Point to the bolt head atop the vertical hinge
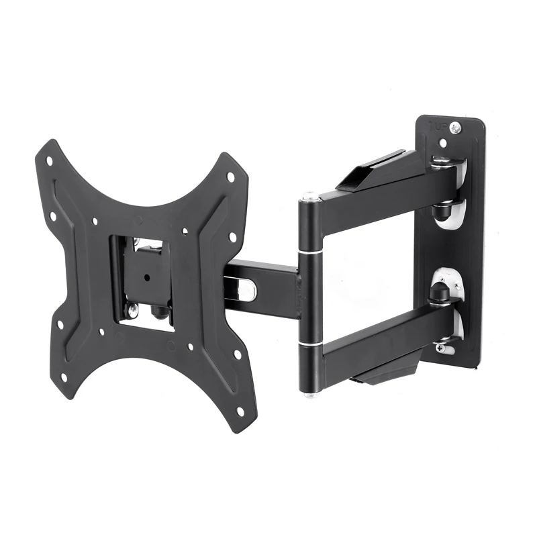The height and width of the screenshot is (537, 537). [309, 197]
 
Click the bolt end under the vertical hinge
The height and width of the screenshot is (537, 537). [309, 393]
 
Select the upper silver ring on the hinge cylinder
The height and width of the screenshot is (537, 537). [309, 252]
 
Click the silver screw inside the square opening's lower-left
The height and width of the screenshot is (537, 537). [132, 309]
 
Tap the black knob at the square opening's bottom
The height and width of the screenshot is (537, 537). [159, 311]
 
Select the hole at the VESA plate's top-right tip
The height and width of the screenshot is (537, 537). [230, 177]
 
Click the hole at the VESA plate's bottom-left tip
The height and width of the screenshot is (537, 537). [64, 377]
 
